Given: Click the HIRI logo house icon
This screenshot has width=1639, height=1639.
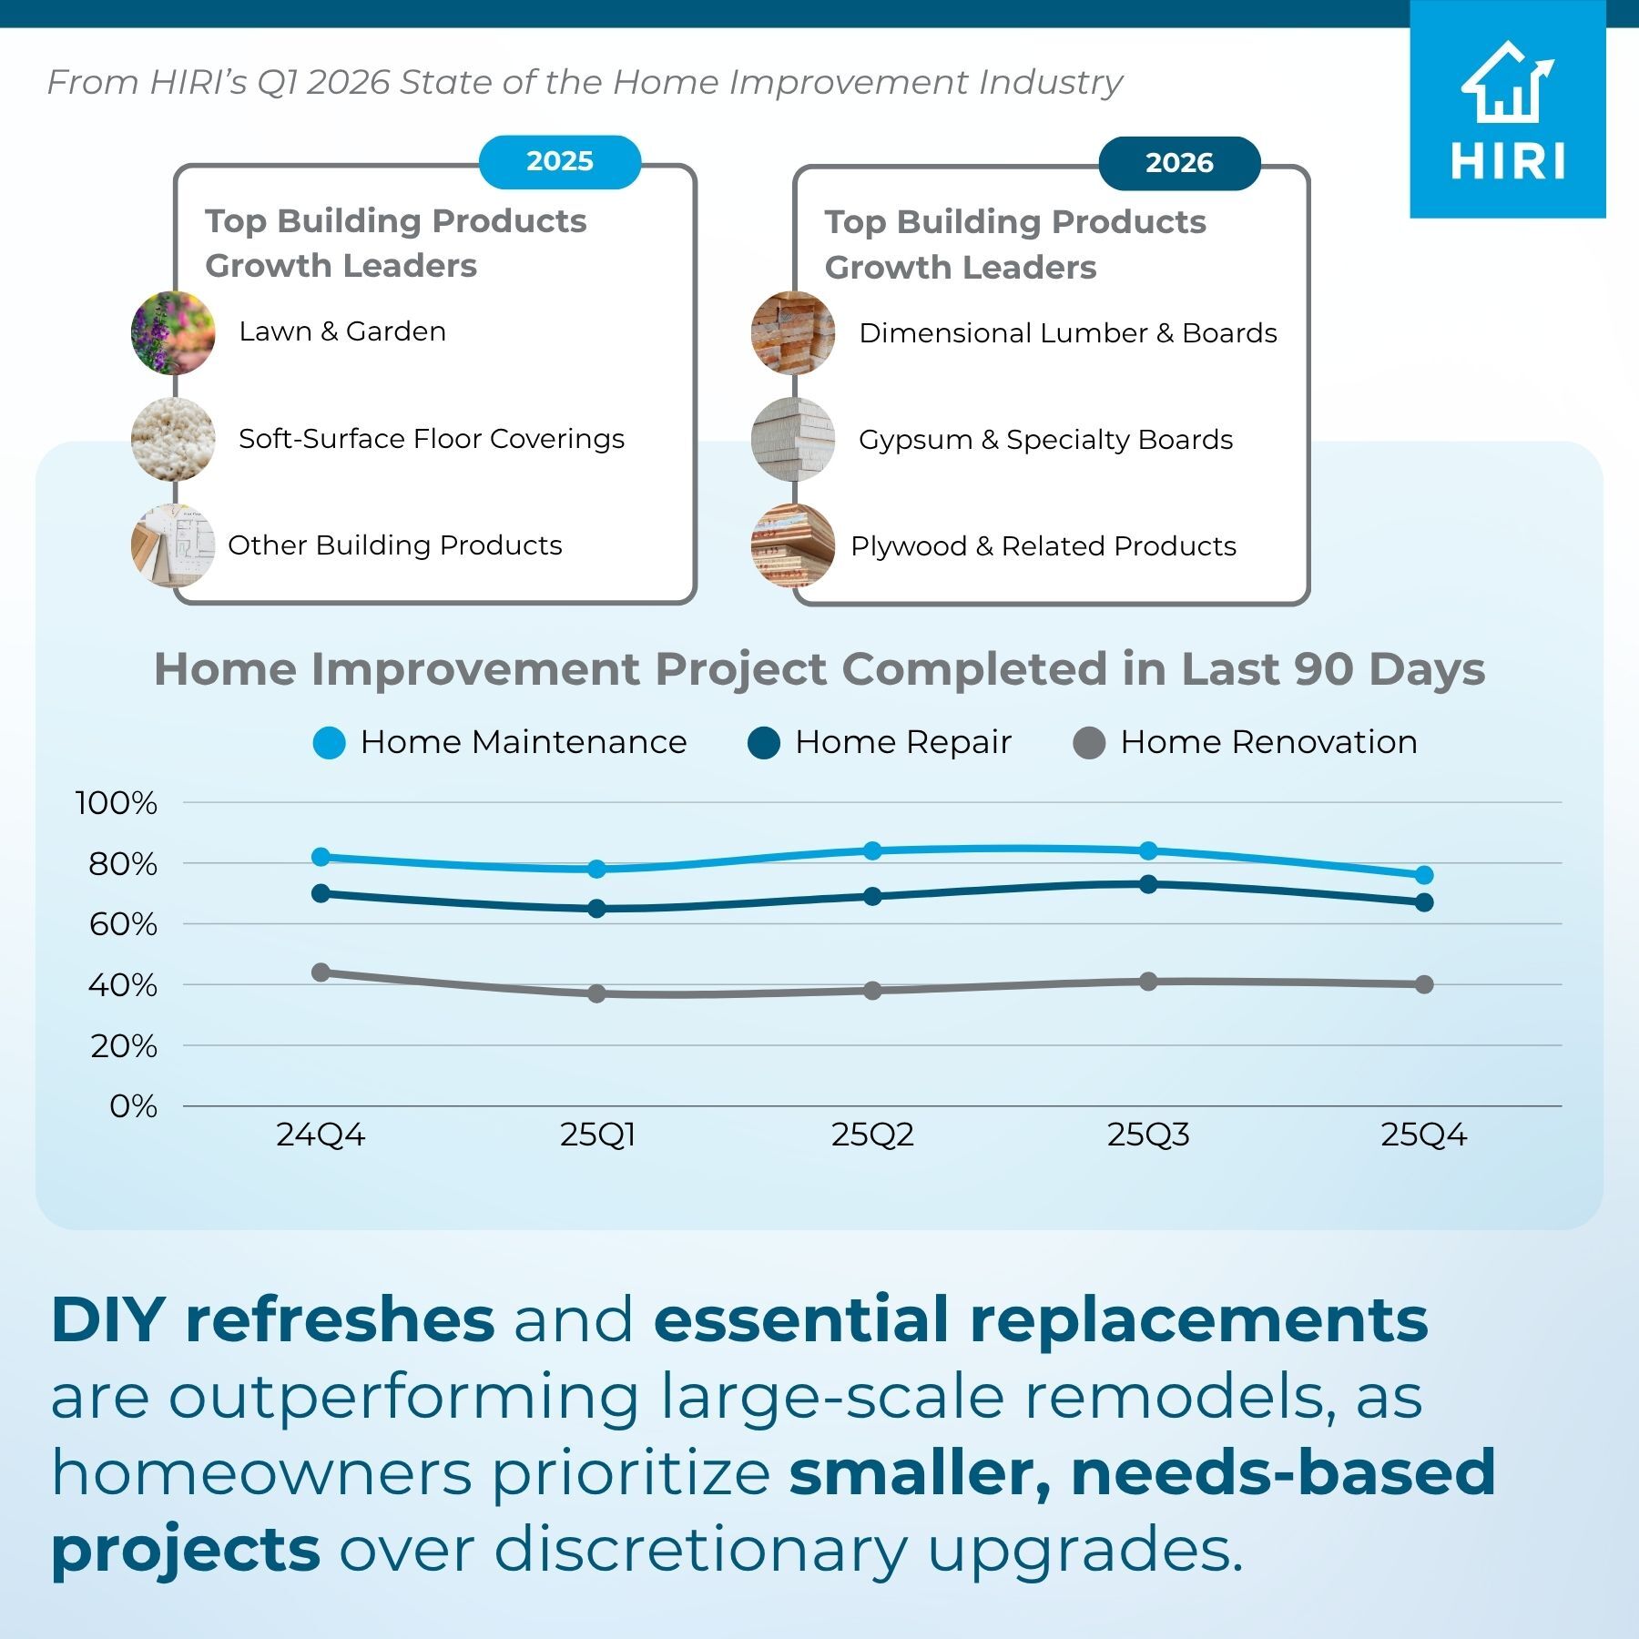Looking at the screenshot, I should click(1507, 83).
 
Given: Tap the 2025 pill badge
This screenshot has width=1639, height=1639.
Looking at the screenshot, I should click(560, 162).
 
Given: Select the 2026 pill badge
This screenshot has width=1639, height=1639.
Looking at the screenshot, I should click(1179, 163).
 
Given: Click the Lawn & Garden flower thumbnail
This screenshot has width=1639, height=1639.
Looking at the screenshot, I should click(173, 332).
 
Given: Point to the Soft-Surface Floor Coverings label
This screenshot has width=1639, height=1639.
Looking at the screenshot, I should click(432, 439).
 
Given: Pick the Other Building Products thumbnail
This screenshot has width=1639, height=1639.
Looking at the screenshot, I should click(173, 545).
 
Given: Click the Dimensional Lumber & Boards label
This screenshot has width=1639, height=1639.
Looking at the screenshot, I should click(1067, 333).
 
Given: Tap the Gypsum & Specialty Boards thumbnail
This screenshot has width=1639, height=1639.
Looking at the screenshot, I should click(793, 439).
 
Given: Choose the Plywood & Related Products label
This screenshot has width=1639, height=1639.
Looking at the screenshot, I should click(1043, 546).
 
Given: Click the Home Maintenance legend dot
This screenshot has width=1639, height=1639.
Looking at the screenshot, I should click(329, 743).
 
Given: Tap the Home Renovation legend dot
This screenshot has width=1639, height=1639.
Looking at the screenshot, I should click(1089, 743).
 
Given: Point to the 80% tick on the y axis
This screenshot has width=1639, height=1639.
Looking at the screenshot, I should click(123, 864).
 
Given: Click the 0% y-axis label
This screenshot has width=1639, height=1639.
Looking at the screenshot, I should click(133, 1107).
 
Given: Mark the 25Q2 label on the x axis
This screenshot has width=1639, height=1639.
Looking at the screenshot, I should click(872, 1135).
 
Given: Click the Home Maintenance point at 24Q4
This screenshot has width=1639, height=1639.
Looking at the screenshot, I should click(321, 857).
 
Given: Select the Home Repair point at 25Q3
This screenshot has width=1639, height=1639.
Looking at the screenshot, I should click(1148, 884).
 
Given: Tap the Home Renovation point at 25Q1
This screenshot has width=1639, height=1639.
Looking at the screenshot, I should click(596, 993).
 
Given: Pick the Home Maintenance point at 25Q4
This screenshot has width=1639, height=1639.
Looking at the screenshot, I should click(1424, 875).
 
